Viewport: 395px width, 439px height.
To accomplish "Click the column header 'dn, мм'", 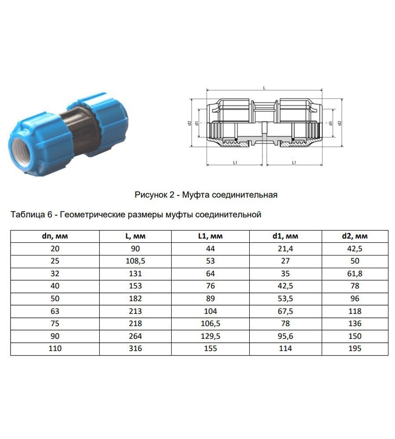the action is click(55, 236).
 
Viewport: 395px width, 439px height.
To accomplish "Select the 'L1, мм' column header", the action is click(210, 236).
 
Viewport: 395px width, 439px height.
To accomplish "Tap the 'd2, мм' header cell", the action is click(355, 236).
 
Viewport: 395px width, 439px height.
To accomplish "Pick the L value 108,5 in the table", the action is click(135, 261).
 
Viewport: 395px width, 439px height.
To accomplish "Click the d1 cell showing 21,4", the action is click(285, 248).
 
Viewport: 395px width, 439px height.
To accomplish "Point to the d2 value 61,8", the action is click(355, 273).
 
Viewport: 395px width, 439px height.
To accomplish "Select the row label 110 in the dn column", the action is click(55, 349).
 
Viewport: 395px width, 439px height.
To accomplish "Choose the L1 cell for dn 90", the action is click(210, 336).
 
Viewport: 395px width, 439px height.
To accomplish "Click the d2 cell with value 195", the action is click(355, 349).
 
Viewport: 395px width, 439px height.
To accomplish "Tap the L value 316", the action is click(135, 349).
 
